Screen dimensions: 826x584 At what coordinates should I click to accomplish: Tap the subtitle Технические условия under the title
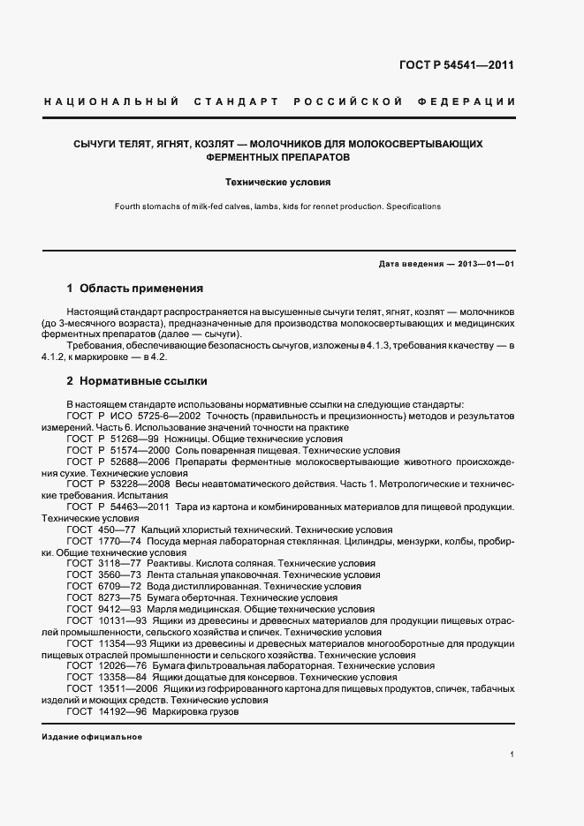[277, 184]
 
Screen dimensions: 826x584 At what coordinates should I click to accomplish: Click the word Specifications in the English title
[411, 206]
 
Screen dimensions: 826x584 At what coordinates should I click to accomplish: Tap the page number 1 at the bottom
[512, 755]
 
